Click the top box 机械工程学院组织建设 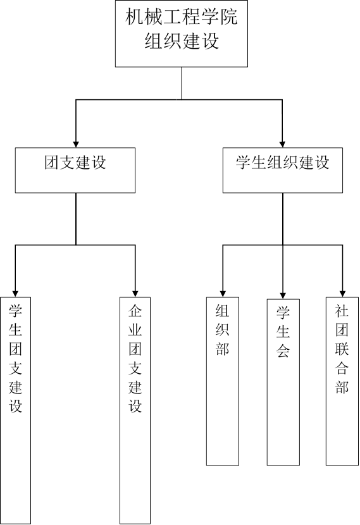click(182, 34)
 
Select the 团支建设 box click(75, 170)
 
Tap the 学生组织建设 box click(283, 170)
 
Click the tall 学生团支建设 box click(15, 411)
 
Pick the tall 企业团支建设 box click(135, 411)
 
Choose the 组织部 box click(223, 381)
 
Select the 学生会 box click(283, 382)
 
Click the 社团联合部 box click(342, 381)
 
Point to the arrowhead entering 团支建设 click(76, 144)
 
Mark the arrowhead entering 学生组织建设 click(282, 144)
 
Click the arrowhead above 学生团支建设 click(15, 293)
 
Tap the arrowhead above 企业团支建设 click(135, 293)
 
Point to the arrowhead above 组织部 click(223, 293)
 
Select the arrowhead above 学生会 click(283, 295)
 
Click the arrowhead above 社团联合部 click(342, 293)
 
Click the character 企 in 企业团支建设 click(135, 311)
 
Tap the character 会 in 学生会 click(283, 350)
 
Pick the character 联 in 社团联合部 click(342, 349)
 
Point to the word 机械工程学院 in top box click(182, 16)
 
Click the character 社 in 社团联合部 click(342, 311)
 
